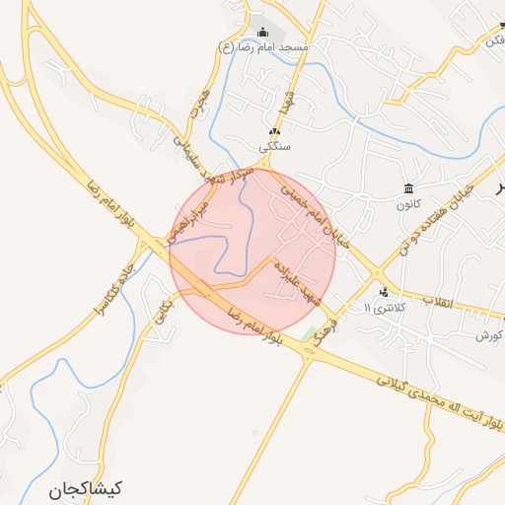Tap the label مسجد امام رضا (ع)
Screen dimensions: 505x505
(x=263, y=46)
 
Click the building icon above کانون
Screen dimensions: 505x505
(x=408, y=188)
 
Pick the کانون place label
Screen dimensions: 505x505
(x=408, y=205)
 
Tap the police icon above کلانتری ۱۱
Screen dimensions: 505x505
(x=384, y=292)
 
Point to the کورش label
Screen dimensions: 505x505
(x=488, y=335)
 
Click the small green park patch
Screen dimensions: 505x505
(x=310, y=332)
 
